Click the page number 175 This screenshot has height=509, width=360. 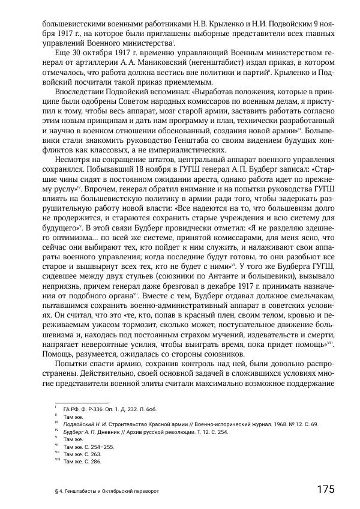click(x=326, y=489)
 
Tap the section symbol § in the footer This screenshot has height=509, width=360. click(x=56, y=490)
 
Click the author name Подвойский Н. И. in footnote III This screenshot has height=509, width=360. click(x=84, y=424)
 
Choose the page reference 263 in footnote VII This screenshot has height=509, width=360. click(x=95, y=454)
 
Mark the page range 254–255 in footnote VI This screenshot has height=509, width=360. click(x=100, y=447)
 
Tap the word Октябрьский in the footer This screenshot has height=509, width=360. click(x=126, y=490)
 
